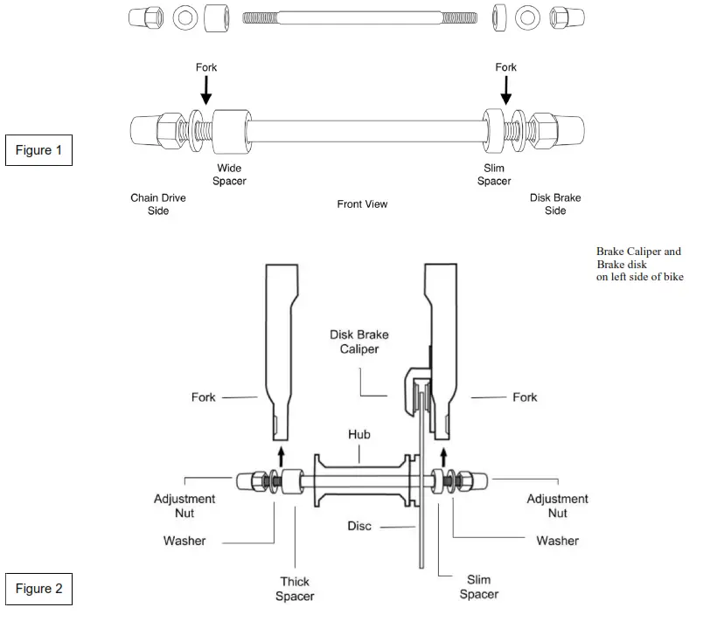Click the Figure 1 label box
38,150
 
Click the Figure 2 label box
38,589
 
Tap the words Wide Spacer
231,175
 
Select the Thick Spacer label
295,589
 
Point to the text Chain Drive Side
158,204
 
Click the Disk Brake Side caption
555,204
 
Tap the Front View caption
362,204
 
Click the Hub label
360,434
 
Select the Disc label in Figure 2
358,526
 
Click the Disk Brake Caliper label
358,342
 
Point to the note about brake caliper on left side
639,265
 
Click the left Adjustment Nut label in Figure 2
184,506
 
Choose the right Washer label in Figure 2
557,541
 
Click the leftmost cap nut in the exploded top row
145,17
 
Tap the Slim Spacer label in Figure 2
478,588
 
